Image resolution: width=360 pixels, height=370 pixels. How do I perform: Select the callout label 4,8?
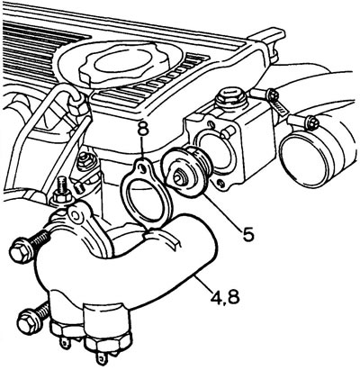tap(225, 297)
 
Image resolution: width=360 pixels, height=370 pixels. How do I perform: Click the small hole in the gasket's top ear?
tap(143, 170)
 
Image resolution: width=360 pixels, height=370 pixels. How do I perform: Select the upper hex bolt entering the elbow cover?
tap(29, 245)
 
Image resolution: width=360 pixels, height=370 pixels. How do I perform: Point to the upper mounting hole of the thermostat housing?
tap(211, 124)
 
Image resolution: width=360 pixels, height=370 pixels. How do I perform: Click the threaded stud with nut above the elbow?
tap(62, 192)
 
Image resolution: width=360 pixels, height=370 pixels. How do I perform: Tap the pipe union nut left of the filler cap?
tap(77, 105)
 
